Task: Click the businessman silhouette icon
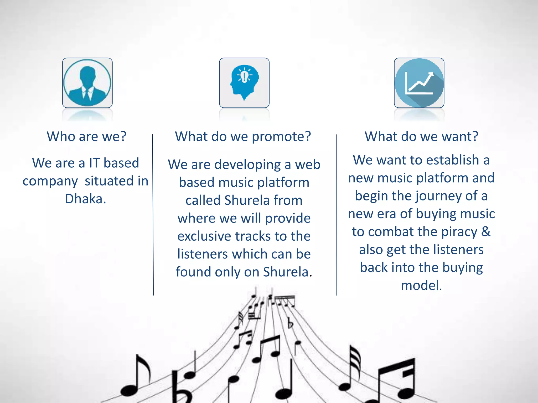(x=87, y=83)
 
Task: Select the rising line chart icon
(x=419, y=83)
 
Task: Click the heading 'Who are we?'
(x=87, y=136)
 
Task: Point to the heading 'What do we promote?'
(x=243, y=136)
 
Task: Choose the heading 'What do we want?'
(x=421, y=136)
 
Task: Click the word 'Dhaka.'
(x=86, y=199)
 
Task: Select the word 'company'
(x=50, y=181)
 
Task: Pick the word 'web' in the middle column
(x=308, y=165)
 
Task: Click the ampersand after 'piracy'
(x=486, y=232)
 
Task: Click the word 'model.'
(x=421, y=285)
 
